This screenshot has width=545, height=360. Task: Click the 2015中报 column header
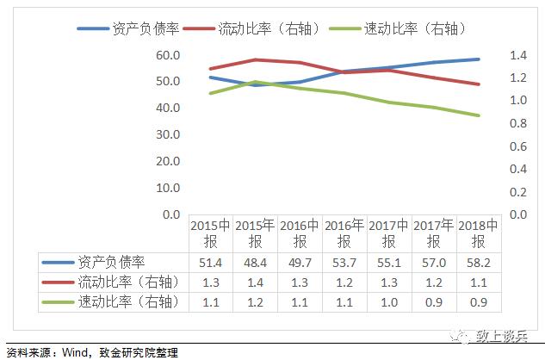211,233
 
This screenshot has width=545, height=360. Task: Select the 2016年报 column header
345,233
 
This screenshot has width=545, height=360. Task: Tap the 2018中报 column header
480,233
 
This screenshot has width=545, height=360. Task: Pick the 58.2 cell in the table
480,261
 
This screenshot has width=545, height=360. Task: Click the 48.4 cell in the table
256,261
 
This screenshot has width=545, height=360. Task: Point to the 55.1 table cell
390,261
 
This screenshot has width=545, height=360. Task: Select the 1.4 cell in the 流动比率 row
256,281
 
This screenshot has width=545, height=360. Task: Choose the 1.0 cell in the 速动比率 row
390,301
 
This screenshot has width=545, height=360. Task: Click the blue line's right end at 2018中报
479,59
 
